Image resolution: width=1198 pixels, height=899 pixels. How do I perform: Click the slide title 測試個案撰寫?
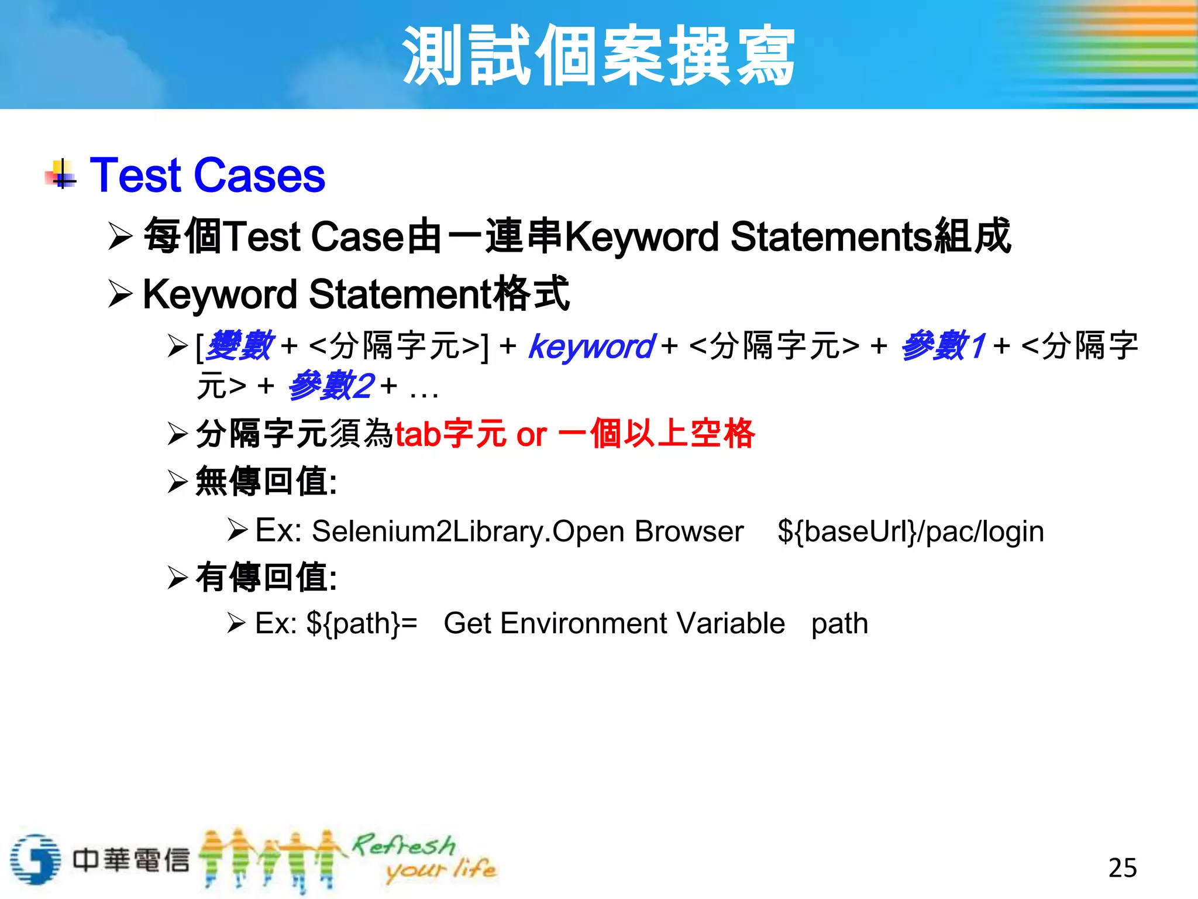point(598,56)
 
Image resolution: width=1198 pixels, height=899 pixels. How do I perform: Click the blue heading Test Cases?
point(207,175)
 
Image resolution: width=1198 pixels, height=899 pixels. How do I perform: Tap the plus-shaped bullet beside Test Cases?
point(61,175)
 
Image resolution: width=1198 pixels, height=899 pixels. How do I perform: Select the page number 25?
point(1122,867)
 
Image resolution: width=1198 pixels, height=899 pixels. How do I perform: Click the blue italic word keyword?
point(591,346)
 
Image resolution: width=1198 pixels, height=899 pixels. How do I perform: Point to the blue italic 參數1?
point(943,346)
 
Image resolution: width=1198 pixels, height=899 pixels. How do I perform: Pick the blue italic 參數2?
point(331,386)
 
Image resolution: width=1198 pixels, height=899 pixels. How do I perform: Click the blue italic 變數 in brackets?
point(239,346)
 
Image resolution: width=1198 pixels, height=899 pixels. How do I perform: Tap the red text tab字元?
point(450,434)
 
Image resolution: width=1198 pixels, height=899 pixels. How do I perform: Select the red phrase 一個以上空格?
point(656,434)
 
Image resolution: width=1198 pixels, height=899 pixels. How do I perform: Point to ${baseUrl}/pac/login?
point(910,531)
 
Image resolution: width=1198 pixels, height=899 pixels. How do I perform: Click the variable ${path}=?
point(362,623)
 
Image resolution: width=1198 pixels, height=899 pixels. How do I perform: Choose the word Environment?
point(584,623)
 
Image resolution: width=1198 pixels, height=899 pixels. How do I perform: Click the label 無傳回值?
point(266,482)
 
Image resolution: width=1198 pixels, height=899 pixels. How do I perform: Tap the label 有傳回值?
point(266,577)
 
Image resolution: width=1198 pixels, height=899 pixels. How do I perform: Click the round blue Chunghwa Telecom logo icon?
point(35,859)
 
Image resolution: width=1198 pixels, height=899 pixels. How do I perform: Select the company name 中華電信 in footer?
point(131,859)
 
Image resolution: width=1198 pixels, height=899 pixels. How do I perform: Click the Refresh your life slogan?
point(424,857)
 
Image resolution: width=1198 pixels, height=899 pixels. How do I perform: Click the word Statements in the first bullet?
point(831,237)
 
